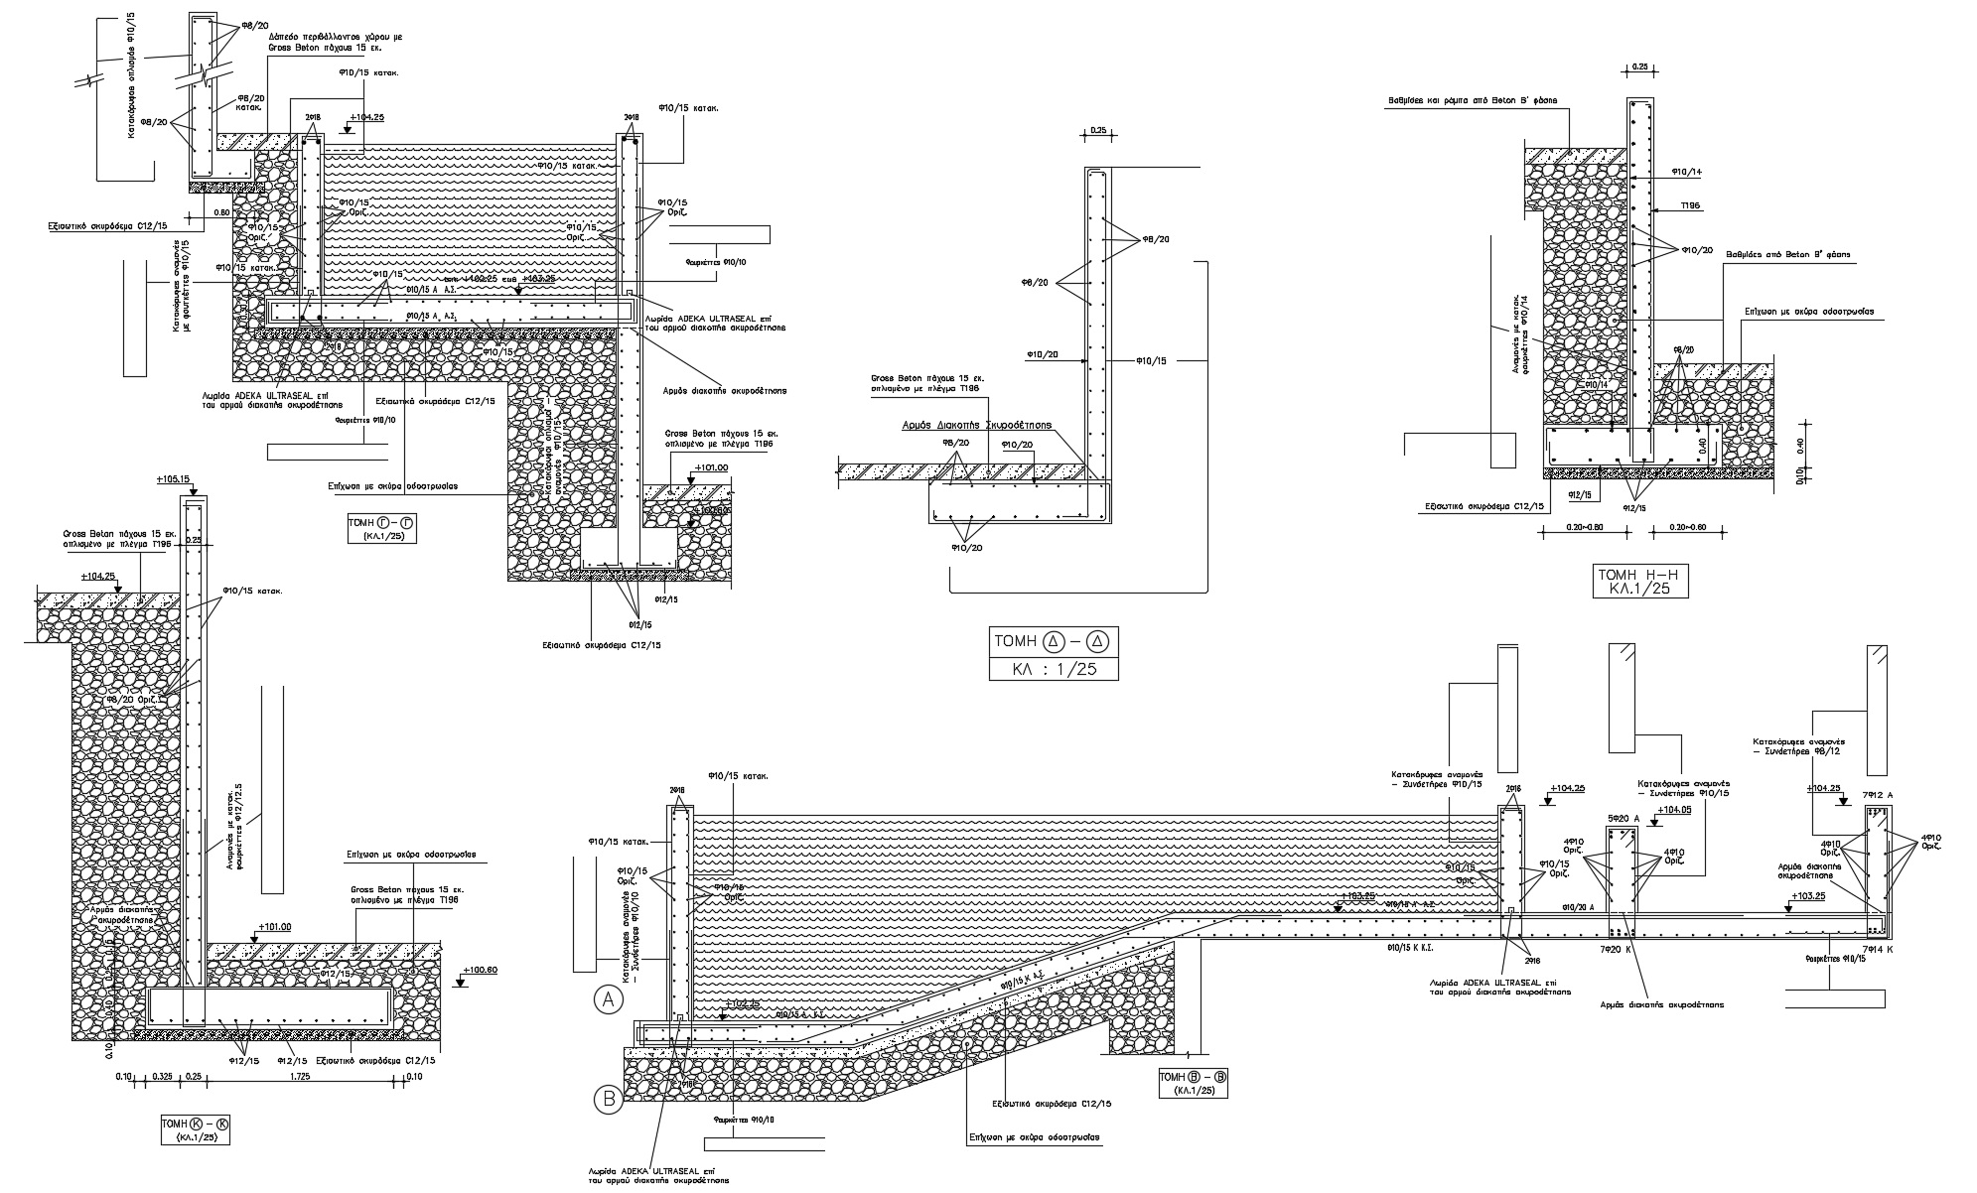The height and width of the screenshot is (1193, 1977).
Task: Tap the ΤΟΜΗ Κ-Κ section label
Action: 195,1125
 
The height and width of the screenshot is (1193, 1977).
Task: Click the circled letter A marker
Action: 609,1000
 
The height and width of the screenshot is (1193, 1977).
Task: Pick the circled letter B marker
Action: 608,1099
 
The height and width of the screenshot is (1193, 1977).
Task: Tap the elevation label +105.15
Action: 173,480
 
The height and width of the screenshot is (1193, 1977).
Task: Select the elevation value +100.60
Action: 480,970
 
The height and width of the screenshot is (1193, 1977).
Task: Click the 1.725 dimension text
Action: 297,1076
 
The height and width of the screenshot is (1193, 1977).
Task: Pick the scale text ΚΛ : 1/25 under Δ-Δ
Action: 1054,669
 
